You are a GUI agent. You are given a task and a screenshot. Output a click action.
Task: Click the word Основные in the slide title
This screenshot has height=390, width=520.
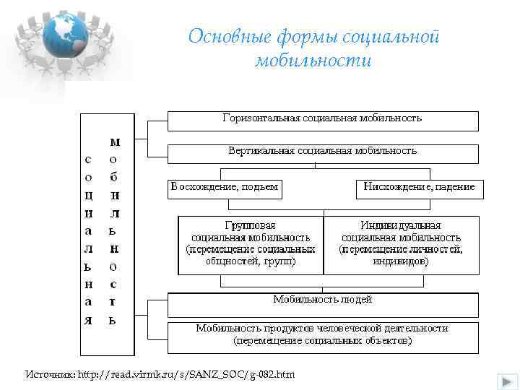221,38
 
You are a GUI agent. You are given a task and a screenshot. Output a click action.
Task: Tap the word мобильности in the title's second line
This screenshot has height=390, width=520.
313,60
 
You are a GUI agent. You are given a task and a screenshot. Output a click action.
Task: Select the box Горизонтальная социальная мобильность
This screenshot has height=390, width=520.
323,120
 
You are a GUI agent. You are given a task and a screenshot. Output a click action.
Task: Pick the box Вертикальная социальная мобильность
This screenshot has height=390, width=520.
323,153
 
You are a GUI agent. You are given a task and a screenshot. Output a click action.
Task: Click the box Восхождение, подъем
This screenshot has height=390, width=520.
225,188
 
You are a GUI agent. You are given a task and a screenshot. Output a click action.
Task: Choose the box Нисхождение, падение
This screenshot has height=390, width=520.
420,188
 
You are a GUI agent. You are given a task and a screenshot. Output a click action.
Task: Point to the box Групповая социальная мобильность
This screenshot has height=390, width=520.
251,244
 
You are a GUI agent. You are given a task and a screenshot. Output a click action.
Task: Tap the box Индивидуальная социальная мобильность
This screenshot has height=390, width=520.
401,244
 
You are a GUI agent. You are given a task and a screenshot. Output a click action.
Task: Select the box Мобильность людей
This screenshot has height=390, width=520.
323,304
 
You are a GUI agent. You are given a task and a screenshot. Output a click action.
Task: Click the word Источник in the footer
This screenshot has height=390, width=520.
48,374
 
